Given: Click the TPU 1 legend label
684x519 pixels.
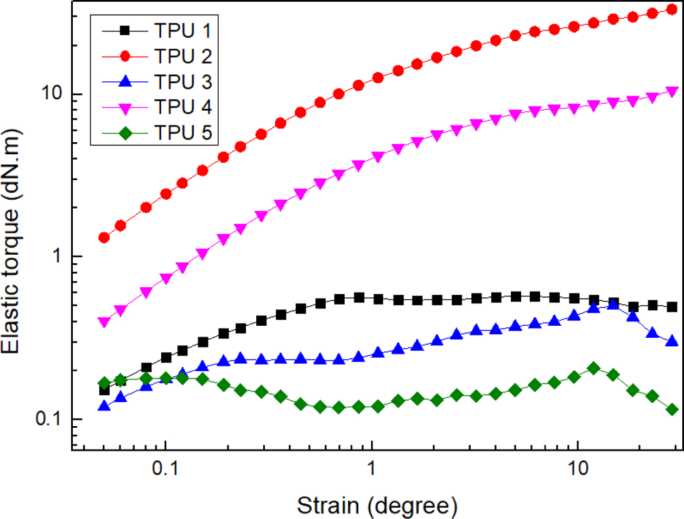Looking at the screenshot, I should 183,30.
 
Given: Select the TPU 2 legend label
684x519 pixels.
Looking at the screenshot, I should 183,56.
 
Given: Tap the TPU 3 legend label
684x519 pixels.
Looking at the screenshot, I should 183,81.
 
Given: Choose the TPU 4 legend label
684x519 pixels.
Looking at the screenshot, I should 183,107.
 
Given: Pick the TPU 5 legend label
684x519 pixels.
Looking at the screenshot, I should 183,132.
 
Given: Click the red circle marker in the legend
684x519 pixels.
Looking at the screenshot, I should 125,56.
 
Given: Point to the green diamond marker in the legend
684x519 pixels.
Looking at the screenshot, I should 125,132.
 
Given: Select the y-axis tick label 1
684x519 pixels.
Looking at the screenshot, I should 57,256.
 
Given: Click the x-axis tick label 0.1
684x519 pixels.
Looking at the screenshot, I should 165,467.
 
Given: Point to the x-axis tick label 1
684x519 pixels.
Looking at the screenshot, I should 371,467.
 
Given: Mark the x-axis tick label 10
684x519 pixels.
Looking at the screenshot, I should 578,467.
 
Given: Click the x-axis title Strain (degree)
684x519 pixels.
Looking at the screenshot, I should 377,505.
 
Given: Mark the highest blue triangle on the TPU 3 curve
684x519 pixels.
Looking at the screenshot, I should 613,303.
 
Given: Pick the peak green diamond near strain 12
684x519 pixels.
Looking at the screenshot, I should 593,369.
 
